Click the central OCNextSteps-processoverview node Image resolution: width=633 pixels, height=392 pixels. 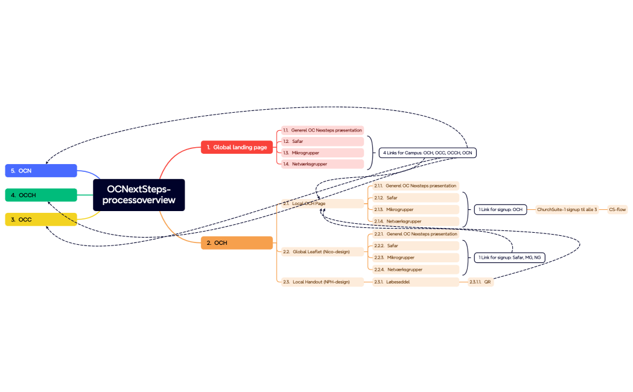(x=139, y=194)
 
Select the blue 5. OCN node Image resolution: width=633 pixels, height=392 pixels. (x=41, y=171)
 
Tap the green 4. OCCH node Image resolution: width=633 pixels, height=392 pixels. (x=41, y=195)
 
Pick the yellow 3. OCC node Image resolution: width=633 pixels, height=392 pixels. (x=41, y=220)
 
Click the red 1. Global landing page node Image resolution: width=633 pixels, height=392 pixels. (x=237, y=147)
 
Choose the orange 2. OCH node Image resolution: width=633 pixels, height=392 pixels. (x=237, y=242)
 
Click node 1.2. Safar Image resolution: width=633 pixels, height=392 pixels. (x=322, y=141)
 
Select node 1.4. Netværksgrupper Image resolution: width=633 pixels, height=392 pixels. (x=322, y=164)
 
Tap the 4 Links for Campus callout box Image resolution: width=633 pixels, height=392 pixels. (x=428, y=153)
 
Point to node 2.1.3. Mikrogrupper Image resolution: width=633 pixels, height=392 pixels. (x=416, y=209)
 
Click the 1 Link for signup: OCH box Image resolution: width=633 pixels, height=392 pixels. (x=500, y=209)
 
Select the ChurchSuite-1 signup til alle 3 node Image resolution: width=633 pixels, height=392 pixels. (x=567, y=209)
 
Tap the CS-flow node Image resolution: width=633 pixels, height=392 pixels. (x=617, y=209)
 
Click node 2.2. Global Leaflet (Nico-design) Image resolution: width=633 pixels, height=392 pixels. (x=322, y=251)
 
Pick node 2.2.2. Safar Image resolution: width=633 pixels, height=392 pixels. (x=416, y=245)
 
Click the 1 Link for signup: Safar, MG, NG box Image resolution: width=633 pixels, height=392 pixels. (x=509, y=258)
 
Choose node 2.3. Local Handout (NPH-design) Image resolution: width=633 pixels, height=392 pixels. (x=322, y=282)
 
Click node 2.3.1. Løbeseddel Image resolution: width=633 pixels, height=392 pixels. (x=416, y=282)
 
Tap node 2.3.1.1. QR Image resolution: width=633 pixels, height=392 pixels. (x=480, y=282)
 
